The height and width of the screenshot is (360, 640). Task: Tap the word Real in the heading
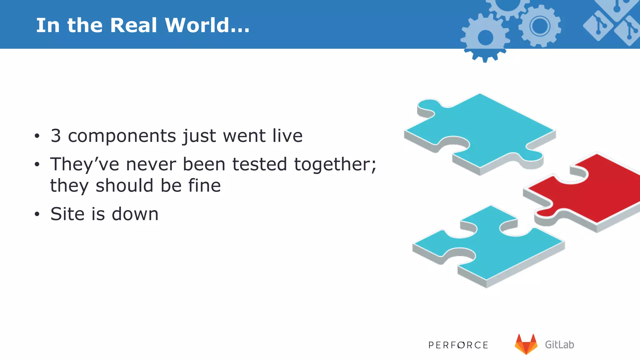[133, 25]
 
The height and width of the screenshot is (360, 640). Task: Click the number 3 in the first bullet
[56, 136]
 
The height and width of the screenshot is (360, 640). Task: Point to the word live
[287, 136]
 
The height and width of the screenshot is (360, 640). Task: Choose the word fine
[204, 186]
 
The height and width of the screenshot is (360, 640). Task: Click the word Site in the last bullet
[67, 214]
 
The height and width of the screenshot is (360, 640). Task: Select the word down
[135, 214]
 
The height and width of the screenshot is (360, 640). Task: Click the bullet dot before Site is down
[37, 214]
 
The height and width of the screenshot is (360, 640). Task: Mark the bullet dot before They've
[37, 164]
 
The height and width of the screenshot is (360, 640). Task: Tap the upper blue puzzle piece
[481, 131]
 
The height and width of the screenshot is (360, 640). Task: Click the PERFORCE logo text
[458, 345]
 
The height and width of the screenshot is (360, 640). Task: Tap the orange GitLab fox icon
[526, 344]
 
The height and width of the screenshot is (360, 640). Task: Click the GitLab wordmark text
[559, 345]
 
